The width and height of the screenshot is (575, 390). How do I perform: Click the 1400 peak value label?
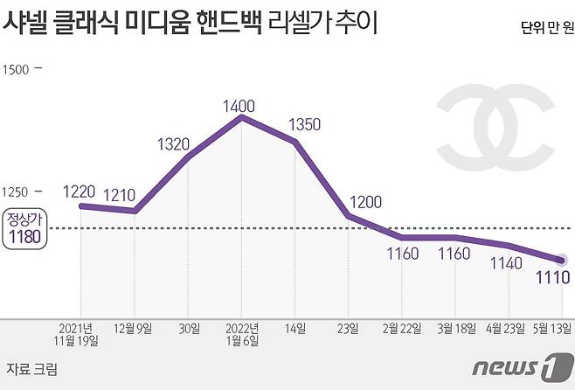tap(239, 106)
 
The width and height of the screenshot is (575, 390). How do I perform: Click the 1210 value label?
tap(120, 196)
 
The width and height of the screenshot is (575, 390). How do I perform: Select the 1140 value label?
tap(506, 262)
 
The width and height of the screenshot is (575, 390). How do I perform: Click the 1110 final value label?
tap(553, 278)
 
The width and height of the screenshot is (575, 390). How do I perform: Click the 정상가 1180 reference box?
tap(22, 228)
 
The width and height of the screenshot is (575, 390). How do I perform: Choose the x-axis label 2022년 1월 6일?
tap(241, 335)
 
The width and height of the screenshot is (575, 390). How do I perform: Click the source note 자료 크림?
tap(32, 369)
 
